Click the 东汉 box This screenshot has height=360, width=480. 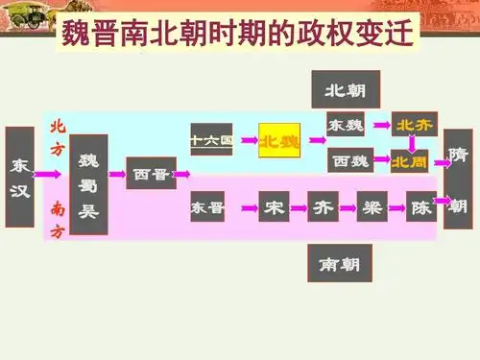pos(19,177)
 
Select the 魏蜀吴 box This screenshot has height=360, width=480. pos(88,184)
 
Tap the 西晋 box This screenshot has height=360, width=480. pos(151,174)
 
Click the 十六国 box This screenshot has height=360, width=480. pos(211,139)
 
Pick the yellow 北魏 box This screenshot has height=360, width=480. pos(279,140)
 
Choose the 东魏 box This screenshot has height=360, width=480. pos(346,125)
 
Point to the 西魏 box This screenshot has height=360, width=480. pos(350,160)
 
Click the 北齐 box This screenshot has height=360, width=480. pos(414,124)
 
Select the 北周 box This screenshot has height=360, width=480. pos(409,160)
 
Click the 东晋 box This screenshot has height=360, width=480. pos(206,206)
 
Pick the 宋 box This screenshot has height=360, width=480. pos(274,206)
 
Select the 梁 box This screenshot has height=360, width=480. pos(371,206)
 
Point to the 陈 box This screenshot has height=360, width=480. pos(419,206)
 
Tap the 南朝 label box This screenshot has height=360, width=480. pos(346,261)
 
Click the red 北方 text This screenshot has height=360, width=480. pos(58,137)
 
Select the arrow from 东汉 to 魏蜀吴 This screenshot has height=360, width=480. pos(50,175)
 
